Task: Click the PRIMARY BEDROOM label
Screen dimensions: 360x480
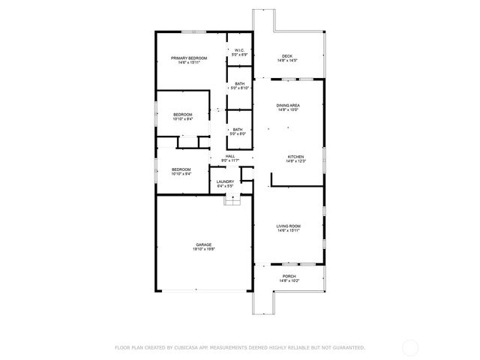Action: tap(189, 58)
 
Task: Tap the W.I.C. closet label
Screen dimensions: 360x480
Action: tap(239, 51)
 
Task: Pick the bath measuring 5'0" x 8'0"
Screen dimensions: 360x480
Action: tap(237, 129)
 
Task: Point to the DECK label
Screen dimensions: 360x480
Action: tap(287, 56)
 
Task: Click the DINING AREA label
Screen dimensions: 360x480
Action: tap(288, 106)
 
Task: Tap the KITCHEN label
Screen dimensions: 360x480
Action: tap(295, 157)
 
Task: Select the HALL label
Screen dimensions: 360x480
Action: tap(230, 156)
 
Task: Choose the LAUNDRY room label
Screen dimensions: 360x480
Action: tap(225, 181)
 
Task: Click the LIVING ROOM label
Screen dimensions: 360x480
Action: tap(289, 226)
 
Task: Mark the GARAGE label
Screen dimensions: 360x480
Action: tap(204, 244)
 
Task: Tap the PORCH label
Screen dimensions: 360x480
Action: tap(289, 276)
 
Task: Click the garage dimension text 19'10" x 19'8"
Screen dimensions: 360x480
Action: tap(204, 249)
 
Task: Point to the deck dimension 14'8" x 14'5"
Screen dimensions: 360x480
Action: tap(287, 61)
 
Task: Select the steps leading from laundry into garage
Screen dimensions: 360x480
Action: tap(232, 199)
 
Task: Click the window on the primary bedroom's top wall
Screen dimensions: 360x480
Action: tap(191, 31)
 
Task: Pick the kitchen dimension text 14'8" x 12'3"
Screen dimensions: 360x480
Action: tap(295, 161)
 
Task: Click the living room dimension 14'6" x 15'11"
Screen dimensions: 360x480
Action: tap(289, 230)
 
